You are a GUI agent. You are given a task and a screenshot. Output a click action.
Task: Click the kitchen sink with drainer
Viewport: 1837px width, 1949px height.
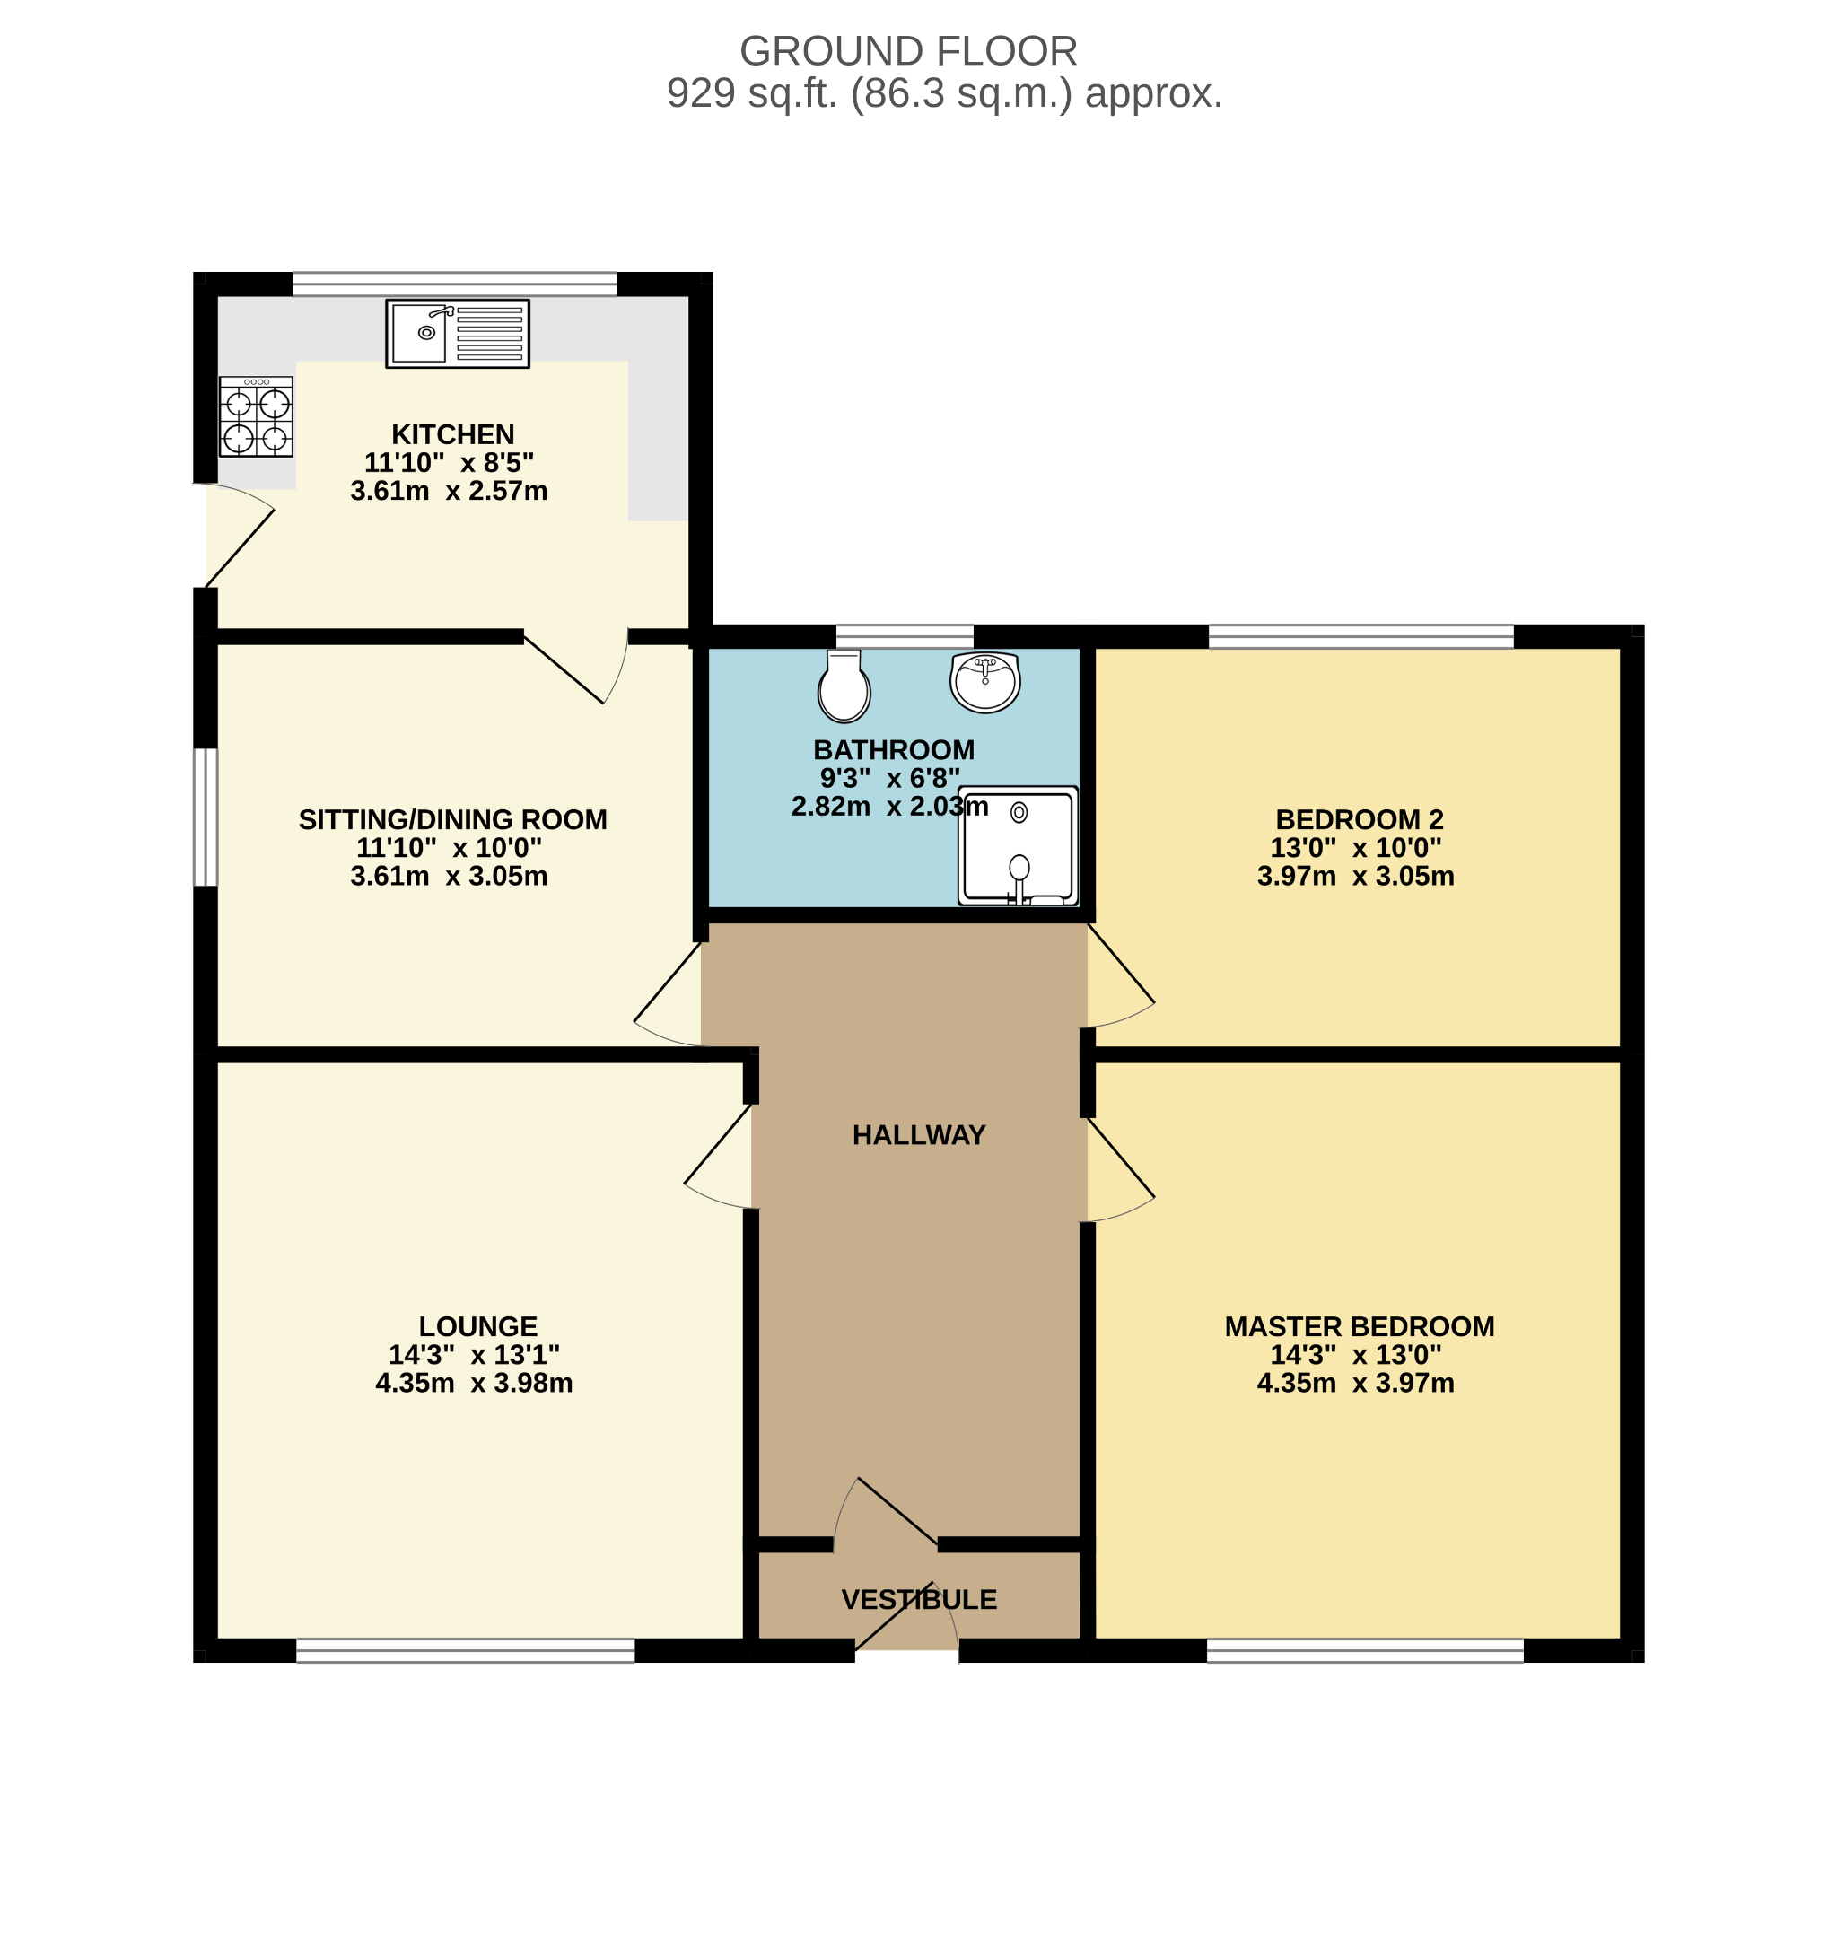point(457,333)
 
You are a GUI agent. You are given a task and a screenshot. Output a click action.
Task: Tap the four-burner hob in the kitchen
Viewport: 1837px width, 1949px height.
point(256,416)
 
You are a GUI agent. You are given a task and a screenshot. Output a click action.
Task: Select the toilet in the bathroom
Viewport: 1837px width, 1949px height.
point(844,686)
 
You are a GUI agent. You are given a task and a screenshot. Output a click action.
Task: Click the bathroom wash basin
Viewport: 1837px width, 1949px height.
point(985,681)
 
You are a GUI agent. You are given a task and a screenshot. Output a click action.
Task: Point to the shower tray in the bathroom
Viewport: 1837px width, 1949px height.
point(1018,846)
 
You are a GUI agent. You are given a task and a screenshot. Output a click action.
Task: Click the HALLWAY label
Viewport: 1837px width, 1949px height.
point(919,1135)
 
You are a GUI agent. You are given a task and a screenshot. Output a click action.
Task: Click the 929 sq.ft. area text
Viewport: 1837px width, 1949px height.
point(944,93)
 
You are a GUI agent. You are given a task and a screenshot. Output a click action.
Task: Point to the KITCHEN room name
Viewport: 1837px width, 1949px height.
point(453,434)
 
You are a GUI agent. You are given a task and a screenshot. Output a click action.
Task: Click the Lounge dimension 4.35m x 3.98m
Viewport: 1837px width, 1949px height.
point(474,1384)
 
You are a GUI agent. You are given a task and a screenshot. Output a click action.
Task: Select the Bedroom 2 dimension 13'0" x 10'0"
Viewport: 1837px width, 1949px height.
point(1356,848)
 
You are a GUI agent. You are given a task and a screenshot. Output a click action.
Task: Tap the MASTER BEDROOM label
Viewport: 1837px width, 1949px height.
point(1359,1327)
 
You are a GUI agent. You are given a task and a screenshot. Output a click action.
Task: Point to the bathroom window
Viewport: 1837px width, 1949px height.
point(905,636)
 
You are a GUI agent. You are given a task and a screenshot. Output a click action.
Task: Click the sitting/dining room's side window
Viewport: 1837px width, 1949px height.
point(205,817)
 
